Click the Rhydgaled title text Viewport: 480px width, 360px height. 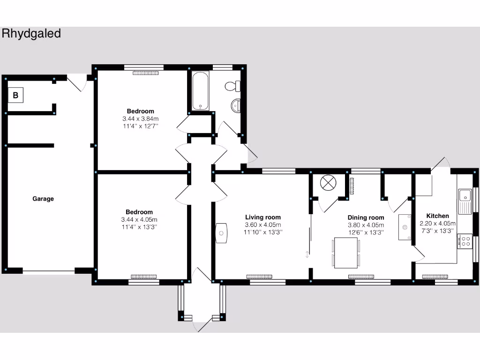[31, 34]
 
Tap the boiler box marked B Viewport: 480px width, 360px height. [15, 96]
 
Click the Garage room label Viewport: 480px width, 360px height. [43, 199]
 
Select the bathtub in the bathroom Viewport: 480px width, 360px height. [201, 91]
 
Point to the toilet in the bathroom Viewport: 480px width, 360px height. [232, 86]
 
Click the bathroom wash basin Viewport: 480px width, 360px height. [236, 105]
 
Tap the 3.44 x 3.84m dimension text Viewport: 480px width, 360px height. [140, 119]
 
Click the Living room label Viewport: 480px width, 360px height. [263, 217]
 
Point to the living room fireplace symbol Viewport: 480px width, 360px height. [221, 232]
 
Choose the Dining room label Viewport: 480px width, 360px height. [366, 217]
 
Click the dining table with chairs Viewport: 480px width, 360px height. [347, 253]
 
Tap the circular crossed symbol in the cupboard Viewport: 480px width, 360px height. [327, 183]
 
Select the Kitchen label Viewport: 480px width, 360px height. [437, 216]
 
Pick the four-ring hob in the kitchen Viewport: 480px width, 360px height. [465, 241]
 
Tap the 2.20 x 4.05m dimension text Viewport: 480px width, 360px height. [437, 224]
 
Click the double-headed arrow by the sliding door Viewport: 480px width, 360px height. [307, 255]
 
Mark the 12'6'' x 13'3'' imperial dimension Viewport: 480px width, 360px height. [366, 232]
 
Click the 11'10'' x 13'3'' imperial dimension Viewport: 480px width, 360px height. [263, 232]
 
